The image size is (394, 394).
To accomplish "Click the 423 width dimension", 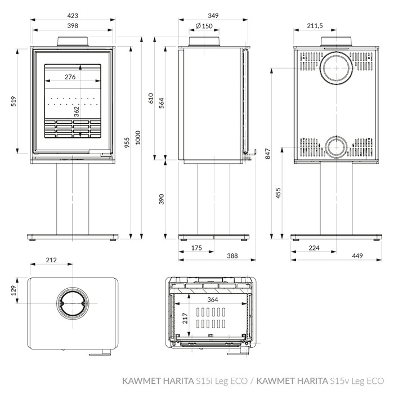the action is point(73,16).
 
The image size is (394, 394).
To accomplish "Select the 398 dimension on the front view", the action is point(73,26).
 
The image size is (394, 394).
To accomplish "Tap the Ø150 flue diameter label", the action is point(204,26).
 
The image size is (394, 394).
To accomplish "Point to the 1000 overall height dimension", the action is point(138,137).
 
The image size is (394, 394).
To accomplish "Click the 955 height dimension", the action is point(127,142).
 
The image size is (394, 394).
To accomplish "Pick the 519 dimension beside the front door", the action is point(14,101).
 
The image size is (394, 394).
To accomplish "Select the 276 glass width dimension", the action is point(70,77).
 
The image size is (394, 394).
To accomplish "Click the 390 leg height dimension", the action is point(162,199).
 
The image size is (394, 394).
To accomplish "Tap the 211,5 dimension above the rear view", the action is point(315,26).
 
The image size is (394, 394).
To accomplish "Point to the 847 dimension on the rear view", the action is point(268,154).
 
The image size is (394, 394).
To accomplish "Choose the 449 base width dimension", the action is point(357,256).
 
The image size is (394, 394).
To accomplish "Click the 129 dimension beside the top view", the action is point(14,290).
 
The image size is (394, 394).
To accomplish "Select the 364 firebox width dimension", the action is point(213,299).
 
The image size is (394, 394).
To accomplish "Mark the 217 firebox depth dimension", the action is point(185,318).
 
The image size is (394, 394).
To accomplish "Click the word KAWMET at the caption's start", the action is point(141,380).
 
